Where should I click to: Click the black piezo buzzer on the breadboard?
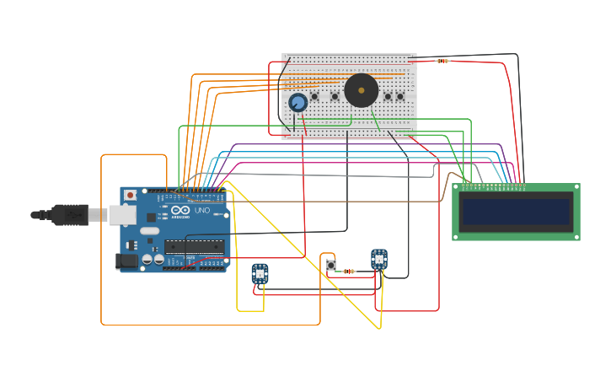[362, 90]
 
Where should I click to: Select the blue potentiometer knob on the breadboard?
[297, 102]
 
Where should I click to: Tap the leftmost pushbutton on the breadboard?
[315, 96]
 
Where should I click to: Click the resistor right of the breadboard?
[442, 61]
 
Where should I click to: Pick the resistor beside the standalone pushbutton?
[349, 271]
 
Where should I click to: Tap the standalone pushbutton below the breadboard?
[330, 265]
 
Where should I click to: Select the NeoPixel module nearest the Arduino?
[260, 273]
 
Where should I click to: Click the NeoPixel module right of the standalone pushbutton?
[379, 259]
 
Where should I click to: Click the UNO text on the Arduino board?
[202, 210]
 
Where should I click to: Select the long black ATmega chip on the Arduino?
[194, 246]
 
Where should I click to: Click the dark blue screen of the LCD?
[517, 212]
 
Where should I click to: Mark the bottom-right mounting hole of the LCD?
[576, 237]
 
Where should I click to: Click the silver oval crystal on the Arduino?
[150, 230]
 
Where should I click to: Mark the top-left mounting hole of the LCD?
[457, 188]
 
